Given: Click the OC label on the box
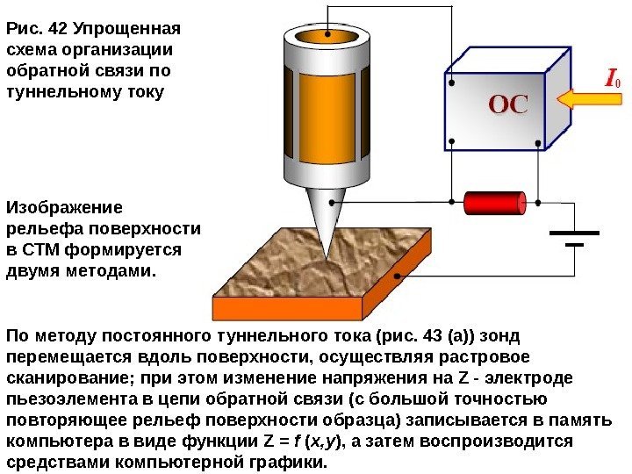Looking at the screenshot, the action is click(508, 106).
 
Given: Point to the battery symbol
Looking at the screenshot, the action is click(574, 239).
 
